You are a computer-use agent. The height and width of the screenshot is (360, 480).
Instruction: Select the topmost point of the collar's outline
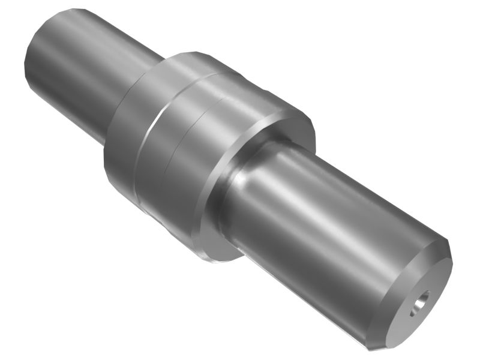click(186, 52)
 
